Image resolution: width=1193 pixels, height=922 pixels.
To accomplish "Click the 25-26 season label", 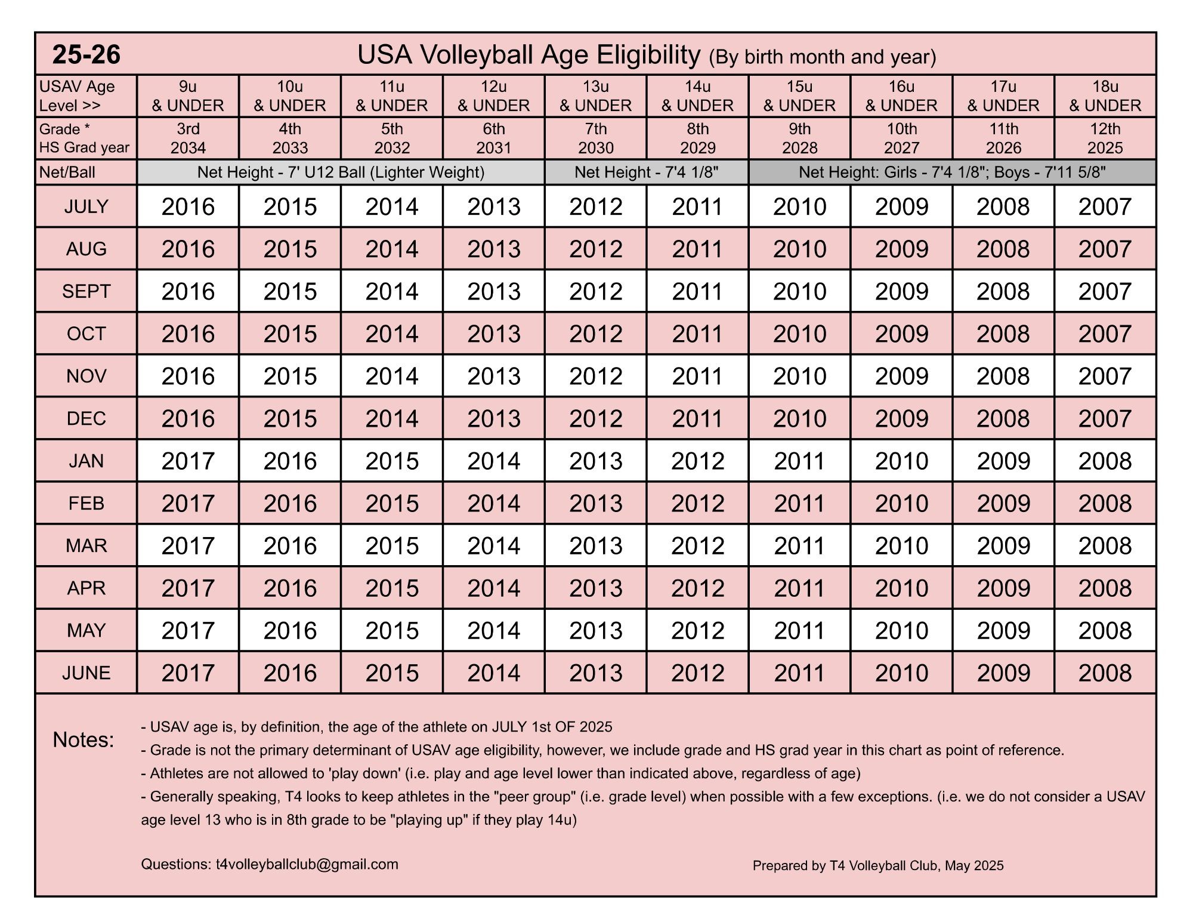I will pyautogui.click(x=86, y=54).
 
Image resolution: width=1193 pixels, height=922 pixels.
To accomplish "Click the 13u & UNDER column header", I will pyautogui.click(x=595, y=96).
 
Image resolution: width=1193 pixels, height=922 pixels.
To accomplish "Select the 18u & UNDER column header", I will pyautogui.click(x=1105, y=96).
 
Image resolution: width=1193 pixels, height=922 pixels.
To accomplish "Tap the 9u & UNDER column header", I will pyautogui.click(x=188, y=96).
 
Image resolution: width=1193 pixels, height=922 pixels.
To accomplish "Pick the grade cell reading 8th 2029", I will pyautogui.click(x=697, y=138).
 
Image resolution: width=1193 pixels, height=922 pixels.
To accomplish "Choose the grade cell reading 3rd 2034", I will pyautogui.click(x=188, y=138).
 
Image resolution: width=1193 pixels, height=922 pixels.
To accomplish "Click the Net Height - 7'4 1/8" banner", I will pyautogui.click(x=646, y=172).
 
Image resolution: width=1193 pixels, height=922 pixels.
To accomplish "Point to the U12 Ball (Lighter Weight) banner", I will pyautogui.click(x=341, y=172).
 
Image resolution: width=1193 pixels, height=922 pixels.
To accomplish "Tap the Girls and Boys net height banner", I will pyautogui.click(x=952, y=172).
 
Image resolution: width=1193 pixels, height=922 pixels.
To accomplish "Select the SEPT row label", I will pyautogui.click(x=86, y=291).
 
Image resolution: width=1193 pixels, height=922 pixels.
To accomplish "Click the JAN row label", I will pyautogui.click(x=86, y=461).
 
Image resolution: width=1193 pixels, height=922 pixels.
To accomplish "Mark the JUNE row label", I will pyautogui.click(x=86, y=673).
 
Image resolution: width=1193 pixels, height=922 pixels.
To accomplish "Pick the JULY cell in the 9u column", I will pyautogui.click(x=188, y=206).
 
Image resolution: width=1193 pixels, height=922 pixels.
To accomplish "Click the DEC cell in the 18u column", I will pyautogui.click(x=1105, y=418).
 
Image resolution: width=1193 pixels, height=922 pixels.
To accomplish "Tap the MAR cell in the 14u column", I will pyautogui.click(x=697, y=545).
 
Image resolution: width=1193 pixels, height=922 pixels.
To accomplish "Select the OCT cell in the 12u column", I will pyautogui.click(x=494, y=334).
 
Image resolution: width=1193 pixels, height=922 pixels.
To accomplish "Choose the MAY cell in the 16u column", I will pyautogui.click(x=901, y=630).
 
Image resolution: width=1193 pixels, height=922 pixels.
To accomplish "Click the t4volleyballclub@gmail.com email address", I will pyautogui.click(x=307, y=864).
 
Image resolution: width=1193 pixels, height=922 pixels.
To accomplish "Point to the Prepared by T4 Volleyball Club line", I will pyautogui.click(x=877, y=865).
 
